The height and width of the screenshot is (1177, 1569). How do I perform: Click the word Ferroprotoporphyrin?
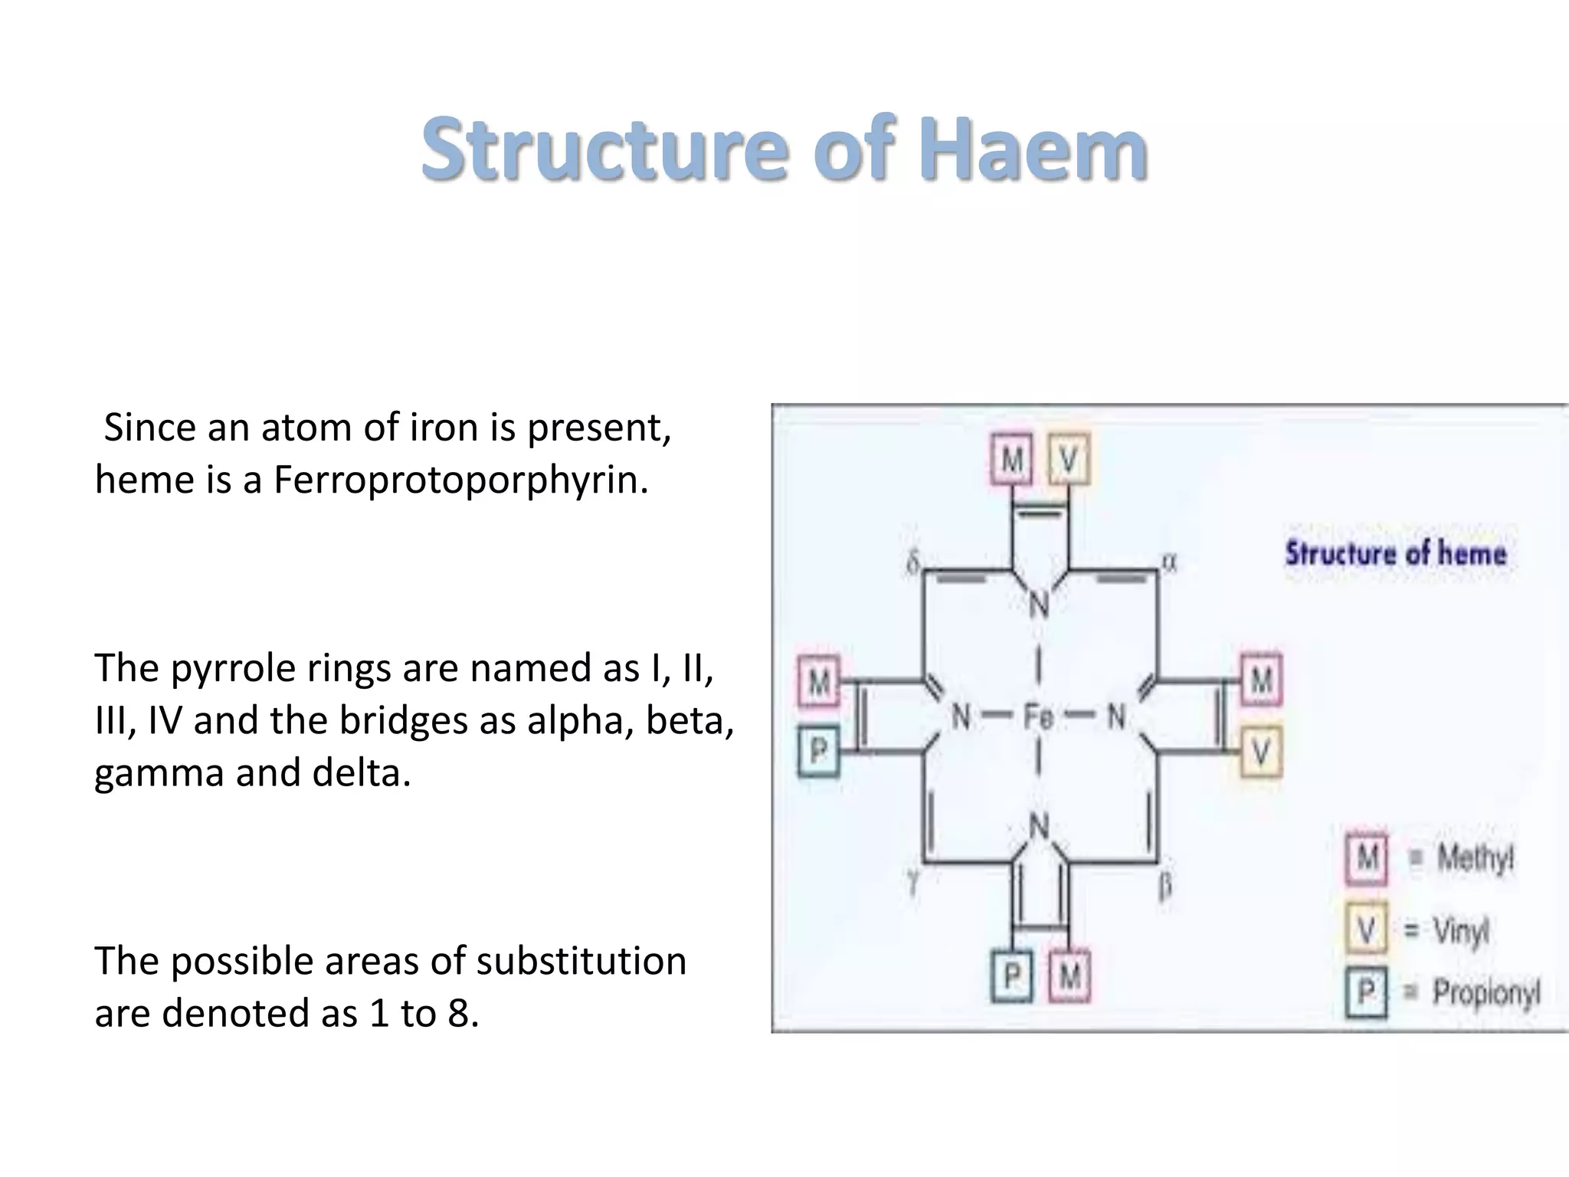click(x=460, y=480)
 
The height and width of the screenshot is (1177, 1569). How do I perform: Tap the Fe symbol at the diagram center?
click(x=1039, y=717)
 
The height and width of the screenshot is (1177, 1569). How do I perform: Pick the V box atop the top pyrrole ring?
click(x=1068, y=460)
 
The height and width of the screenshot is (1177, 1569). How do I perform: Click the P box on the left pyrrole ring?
click(x=818, y=751)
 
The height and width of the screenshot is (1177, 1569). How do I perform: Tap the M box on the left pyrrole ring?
click(x=818, y=681)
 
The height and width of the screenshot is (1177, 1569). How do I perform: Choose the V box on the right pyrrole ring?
click(x=1260, y=752)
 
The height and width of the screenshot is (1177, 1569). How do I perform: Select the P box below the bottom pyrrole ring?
click(x=1011, y=976)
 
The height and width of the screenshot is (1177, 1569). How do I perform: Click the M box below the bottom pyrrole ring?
click(x=1069, y=976)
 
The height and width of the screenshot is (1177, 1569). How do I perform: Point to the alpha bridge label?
click(x=1168, y=562)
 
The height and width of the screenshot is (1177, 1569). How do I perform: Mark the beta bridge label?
click(x=1164, y=887)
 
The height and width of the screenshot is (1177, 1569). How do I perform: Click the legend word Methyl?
click(x=1475, y=857)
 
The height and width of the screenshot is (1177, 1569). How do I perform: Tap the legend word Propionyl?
click(x=1485, y=993)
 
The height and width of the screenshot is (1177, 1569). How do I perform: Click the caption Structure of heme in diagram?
click(x=1395, y=553)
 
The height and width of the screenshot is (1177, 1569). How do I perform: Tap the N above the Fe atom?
click(x=1039, y=605)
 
